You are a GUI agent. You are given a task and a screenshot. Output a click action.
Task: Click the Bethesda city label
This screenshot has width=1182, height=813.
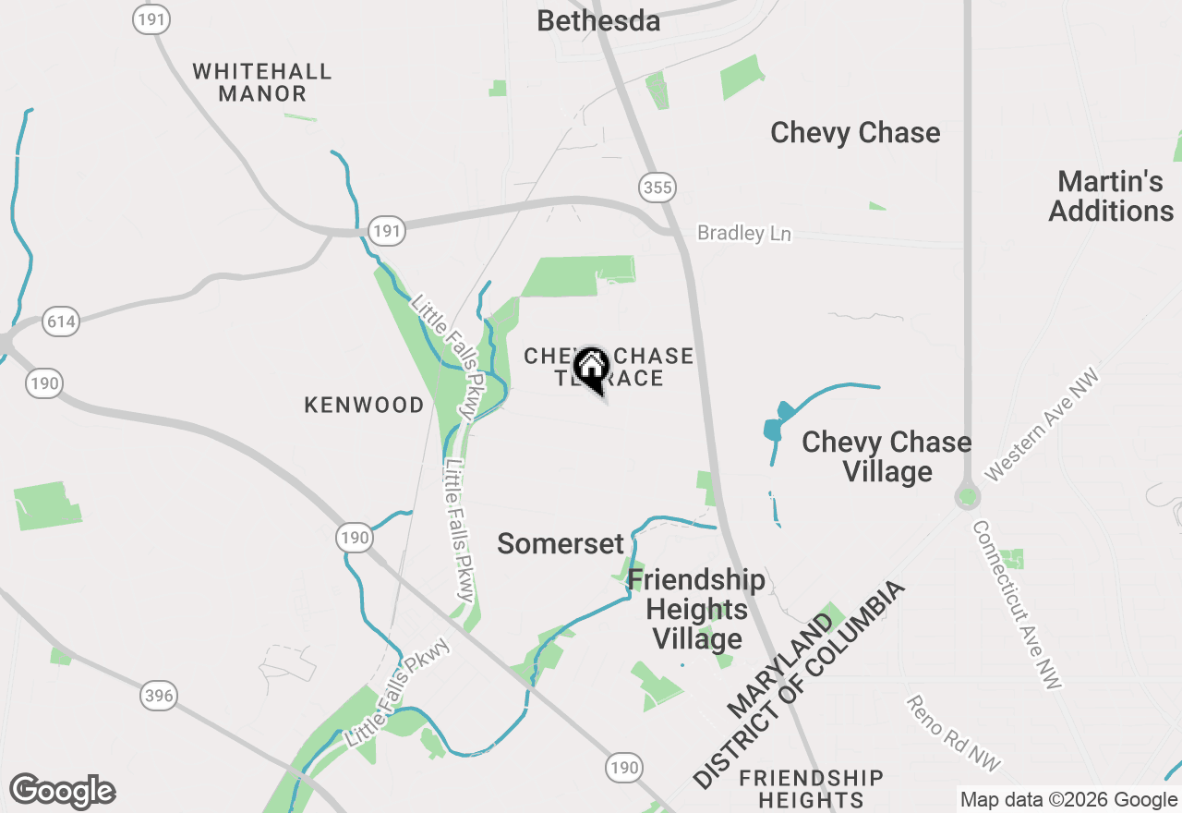[598, 20]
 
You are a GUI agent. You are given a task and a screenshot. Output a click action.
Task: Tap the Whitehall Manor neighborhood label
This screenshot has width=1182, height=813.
[262, 82]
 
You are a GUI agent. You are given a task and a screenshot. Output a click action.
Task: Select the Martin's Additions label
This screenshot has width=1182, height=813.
[1111, 196]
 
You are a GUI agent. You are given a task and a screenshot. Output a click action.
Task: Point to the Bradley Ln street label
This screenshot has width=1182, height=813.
[743, 234]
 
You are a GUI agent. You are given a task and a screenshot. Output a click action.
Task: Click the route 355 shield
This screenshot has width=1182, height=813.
[657, 188]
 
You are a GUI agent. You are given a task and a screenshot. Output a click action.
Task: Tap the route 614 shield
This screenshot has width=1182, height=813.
[61, 322]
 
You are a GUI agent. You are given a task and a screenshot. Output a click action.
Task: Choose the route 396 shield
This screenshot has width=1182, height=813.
[159, 696]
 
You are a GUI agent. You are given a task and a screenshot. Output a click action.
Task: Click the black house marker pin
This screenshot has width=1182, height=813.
[591, 369]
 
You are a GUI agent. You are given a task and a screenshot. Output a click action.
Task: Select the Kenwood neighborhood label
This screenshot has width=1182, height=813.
[365, 405]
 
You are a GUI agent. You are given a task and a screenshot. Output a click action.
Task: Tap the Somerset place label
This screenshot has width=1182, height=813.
[561, 544]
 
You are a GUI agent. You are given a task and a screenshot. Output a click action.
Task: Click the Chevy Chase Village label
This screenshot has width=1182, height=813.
[886, 457]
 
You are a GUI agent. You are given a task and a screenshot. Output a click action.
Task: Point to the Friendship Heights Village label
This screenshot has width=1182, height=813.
[696, 610]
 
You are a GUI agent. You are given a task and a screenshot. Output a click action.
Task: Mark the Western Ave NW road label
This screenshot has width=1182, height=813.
[1043, 425]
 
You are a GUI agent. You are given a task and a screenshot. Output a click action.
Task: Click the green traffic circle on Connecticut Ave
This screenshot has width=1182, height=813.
[967, 497]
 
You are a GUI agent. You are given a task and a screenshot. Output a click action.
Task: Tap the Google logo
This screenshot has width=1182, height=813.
[62, 791]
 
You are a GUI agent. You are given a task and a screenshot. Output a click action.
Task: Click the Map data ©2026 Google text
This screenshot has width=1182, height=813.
[1067, 800]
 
